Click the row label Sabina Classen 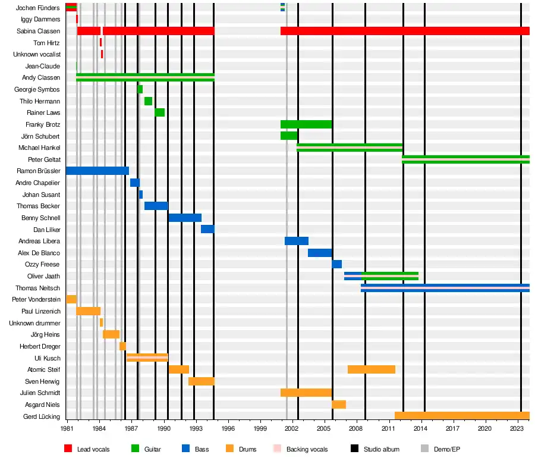pos(39,31)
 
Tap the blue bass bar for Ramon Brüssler pos(97,171)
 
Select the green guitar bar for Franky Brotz pos(306,124)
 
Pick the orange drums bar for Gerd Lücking pos(461,416)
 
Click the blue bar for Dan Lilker pos(207,229)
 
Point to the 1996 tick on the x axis pos(228,421)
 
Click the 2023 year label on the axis pos(517,428)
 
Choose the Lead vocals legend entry pos(93,449)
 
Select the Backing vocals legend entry pos(307,449)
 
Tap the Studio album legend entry pos(381,449)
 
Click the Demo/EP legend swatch pos(424,449)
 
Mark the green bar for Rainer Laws pos(159,112)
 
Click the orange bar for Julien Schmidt pos(306,393)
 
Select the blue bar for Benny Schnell pos(184,218)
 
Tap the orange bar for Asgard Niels pos(338,405)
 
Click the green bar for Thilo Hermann pos(148,101)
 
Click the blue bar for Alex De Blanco pos(319,253)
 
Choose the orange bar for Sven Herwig pos(201,381)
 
